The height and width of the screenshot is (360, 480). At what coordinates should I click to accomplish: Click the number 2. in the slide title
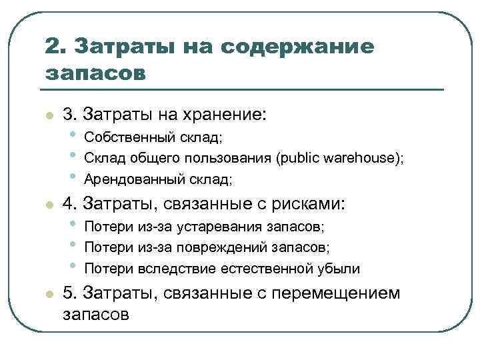55,47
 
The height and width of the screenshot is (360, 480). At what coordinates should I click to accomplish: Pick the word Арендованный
131,179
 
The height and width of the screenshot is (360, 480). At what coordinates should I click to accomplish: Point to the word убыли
338,269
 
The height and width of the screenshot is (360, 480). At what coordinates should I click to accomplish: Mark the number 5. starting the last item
70,293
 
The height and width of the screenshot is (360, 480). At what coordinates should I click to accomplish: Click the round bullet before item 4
48,205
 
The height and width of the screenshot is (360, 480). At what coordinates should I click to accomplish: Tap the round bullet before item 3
48,117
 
